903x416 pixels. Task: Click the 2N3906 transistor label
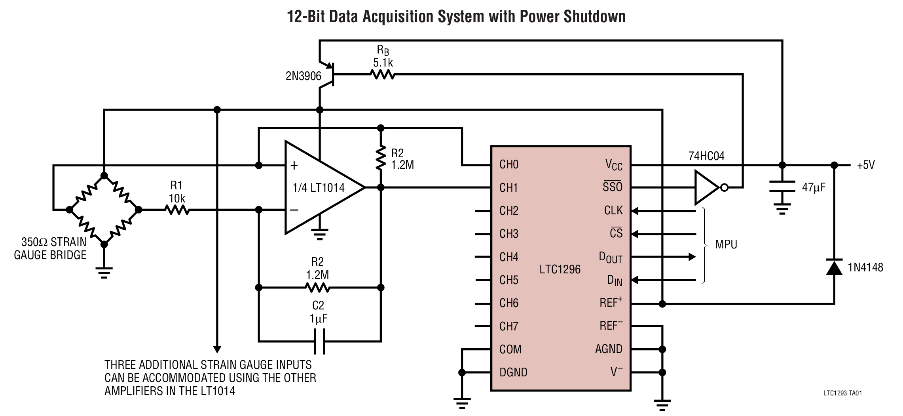[303, 76]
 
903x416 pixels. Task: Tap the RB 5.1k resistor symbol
[382, 74]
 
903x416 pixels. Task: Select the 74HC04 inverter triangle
[707, 188]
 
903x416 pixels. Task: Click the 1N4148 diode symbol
[834, 268]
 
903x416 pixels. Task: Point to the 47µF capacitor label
[814, 187]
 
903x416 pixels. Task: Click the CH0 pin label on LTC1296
[508, 164]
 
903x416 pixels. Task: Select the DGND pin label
[513, 372]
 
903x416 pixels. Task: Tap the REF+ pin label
[611, 303]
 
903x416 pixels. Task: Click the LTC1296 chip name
[560, 269]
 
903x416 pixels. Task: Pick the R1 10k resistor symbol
[177, 210]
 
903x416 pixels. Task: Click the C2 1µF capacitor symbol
[319, 342]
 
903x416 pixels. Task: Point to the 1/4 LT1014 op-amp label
[319, 188]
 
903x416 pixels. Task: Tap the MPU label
[726, 244]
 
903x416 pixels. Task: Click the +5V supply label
[865, 165]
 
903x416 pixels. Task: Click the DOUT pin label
[610, 258]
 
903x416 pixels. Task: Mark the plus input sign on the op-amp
[294, 166]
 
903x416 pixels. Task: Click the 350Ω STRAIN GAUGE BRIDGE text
[51, 248]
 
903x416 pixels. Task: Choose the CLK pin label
[613, 210]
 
